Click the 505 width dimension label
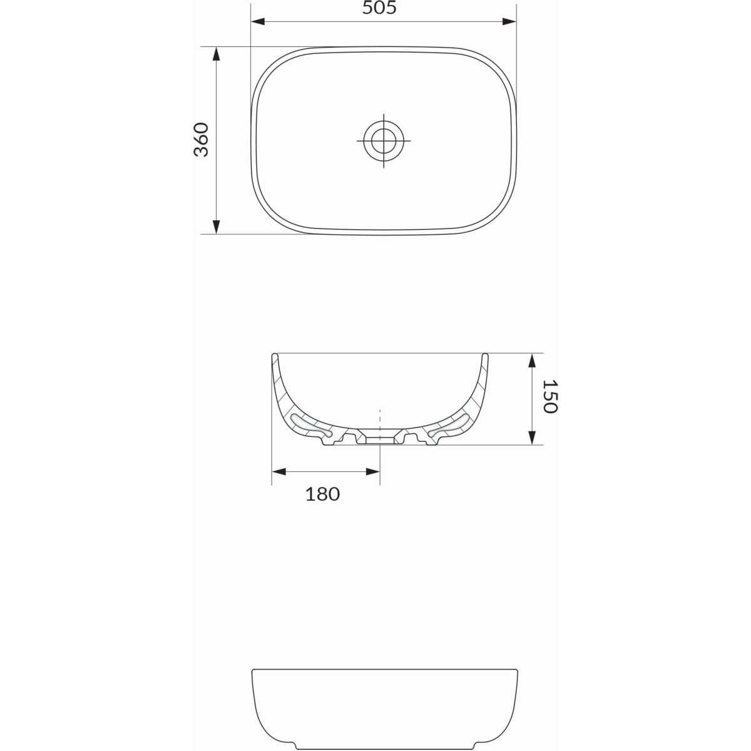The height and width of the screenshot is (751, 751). [x=379, y=8]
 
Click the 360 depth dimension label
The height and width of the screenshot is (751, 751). [x=201, y=140]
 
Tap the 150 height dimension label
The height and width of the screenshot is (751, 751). [x=550, y=396]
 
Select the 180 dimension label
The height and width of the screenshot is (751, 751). [x=322, y=494]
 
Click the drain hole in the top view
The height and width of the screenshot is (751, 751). [x=384, y=140]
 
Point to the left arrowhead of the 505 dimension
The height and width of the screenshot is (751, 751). [x=258, y=21]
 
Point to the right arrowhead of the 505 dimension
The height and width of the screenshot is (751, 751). [x=509, y=21]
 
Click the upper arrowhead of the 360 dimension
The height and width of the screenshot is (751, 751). [x=217, y=54]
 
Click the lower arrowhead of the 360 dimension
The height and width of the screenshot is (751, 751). [x=217, y=227]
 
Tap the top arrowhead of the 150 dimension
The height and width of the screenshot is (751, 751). [x=531, y=360]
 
